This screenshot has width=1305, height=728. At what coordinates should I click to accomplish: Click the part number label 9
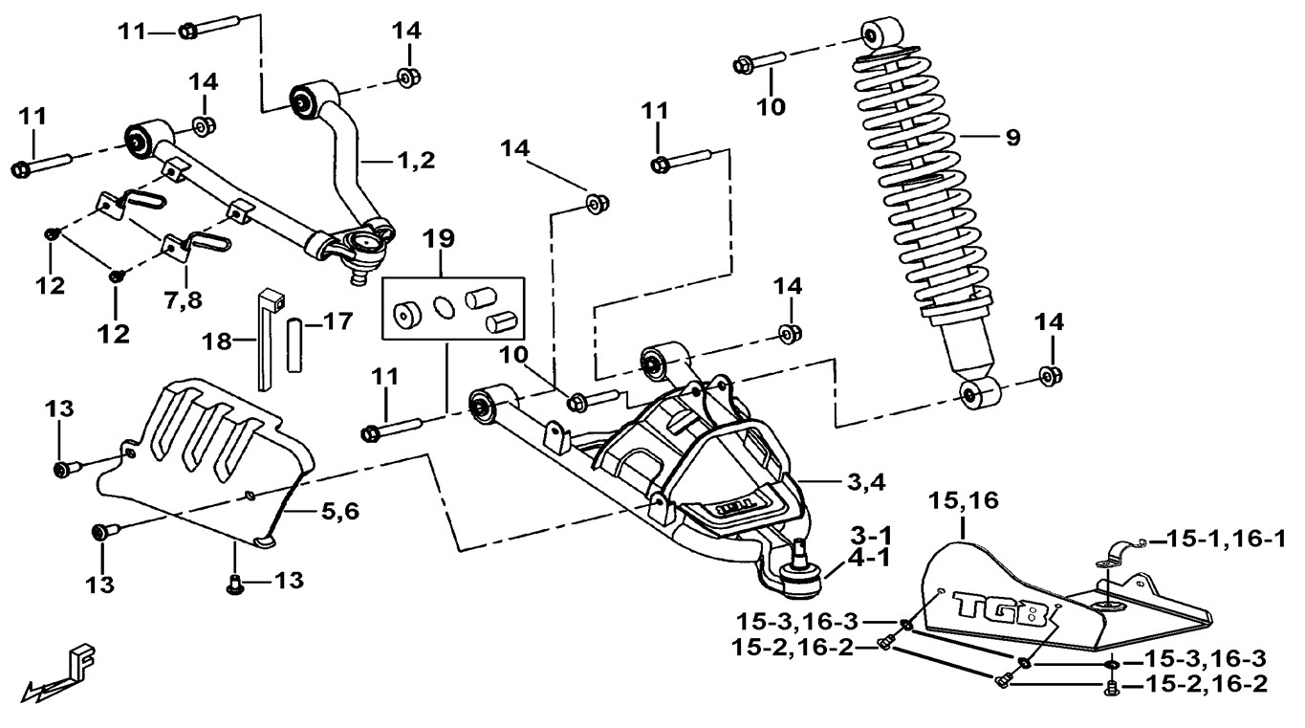[1011, 137]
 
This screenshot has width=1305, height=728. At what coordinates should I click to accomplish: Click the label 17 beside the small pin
[336, 322]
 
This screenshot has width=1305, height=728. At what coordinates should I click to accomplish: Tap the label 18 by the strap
[218, 341]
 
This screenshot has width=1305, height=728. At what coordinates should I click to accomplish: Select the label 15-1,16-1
[1226, 540]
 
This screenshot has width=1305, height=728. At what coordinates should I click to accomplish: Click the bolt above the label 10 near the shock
[760, 65]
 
